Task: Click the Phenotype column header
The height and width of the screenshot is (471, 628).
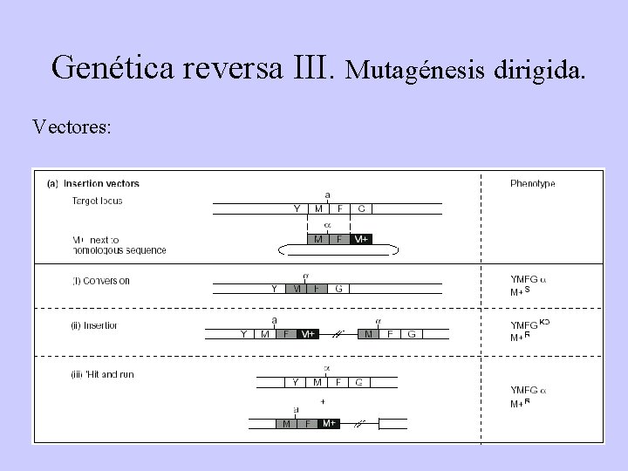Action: [x=532, y=184]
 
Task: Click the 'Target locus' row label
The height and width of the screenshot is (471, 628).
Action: [x=97, y=201]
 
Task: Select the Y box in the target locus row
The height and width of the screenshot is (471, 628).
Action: [x=297, y=208]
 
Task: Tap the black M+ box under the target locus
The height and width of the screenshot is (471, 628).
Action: [x=361, y=239]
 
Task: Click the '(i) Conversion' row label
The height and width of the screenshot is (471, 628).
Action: [x=100, y=281]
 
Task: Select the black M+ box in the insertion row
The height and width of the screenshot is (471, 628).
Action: [x=306, y=333]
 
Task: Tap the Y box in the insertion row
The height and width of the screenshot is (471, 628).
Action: [x=243, y=333]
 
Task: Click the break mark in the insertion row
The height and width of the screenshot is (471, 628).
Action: [x=338, y=333]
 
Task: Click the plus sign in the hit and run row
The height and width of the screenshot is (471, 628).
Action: [x=323, y=403]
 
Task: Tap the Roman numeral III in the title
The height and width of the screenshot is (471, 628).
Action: [x=307, y=67]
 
